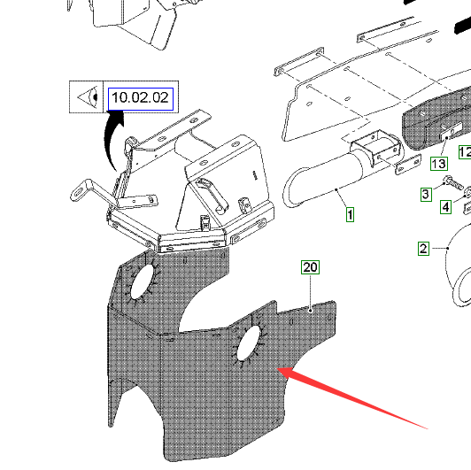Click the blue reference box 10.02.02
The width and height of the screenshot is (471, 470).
tap(141, 99)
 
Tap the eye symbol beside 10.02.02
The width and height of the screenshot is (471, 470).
tap(88, 97)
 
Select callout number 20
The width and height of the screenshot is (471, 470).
tap(310, 267)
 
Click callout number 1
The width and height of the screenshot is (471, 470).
tap(350, 215)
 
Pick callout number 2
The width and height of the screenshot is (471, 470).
tap(423, 249)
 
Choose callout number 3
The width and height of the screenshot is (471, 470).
tap(426, 195)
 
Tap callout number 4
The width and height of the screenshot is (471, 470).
tap(446, 207)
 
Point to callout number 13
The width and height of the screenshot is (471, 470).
tap(439, 164)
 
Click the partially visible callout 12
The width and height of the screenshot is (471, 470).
tap(465, 152)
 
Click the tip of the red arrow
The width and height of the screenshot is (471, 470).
tap(277, 368)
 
